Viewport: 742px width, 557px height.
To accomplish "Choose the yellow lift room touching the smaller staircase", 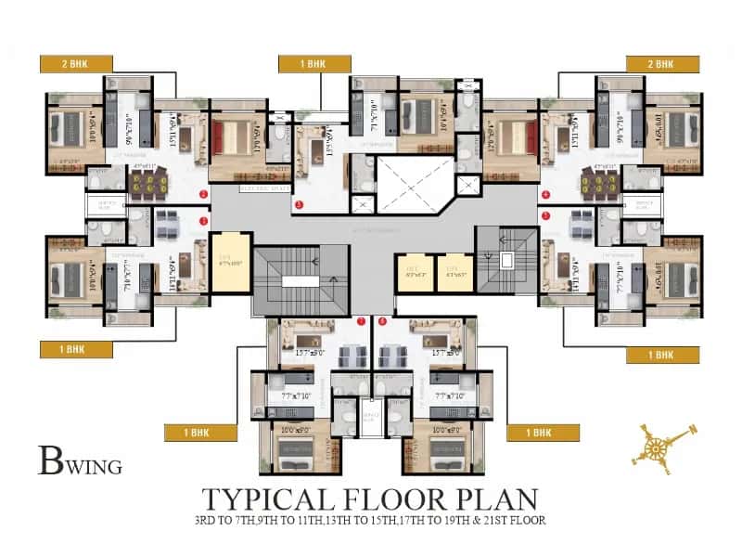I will click(454, 272).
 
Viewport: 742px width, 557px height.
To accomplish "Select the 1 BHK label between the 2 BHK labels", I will click(314, 62).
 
